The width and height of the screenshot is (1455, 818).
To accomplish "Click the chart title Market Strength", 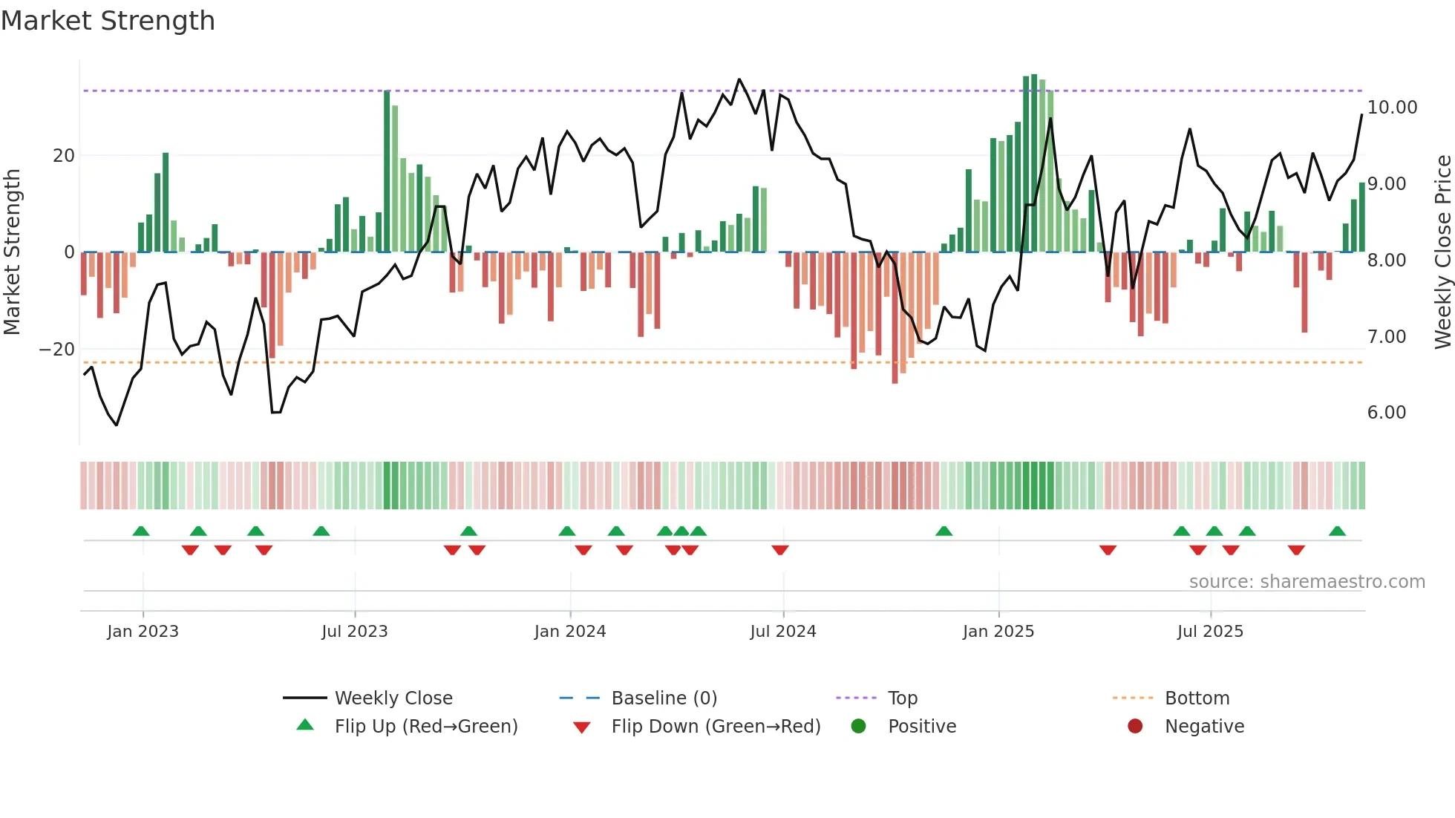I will point(108,21).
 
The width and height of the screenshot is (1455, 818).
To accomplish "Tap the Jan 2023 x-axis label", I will point(143,632).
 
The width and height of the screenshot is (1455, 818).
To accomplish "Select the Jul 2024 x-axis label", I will point(782,632).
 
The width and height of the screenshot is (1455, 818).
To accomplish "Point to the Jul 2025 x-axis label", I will point(1210,632).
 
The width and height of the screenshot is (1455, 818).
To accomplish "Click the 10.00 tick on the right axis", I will point(1392,108).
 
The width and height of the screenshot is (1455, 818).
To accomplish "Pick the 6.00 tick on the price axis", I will point(1386,413).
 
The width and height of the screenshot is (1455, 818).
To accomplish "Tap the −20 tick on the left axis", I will point(57,350).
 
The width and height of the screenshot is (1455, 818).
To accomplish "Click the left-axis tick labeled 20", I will point(64,156).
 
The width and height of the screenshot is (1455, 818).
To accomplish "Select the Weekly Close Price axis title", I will point(1442,252).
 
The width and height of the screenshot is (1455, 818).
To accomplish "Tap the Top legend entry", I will point(902,698).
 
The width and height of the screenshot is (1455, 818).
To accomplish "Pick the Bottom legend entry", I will point(1197,698).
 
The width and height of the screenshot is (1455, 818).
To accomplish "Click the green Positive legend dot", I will point(859,727).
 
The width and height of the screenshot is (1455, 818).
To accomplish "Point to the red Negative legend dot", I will point(1135,727).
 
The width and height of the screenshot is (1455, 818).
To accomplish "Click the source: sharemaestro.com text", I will point(1307,582).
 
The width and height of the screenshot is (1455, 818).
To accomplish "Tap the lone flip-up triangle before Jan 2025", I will point(944,531).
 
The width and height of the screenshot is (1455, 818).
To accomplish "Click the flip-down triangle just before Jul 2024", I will point(779,550).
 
